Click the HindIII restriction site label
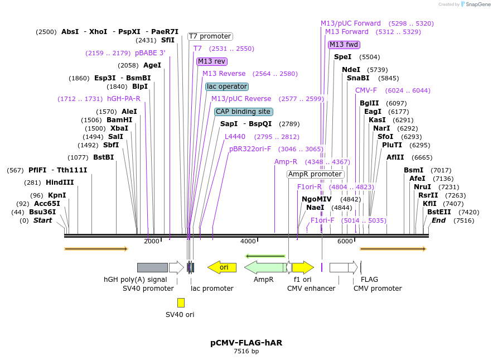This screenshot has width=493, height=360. click(x=59, y=183)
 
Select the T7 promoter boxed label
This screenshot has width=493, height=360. click(x=210, y=36)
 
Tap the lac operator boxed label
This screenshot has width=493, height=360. click(x=226, y=87)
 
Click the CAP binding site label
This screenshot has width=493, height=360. click(x=243, y=112)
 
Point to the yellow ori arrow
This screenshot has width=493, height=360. click(x=222, y=267)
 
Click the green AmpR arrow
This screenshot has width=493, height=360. click(x=264, y=267)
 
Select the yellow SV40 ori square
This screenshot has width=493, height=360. click(x=181, y=303)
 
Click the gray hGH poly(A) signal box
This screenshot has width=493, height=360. click(x=152, y=267)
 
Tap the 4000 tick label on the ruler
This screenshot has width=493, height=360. click(x=248, y=241)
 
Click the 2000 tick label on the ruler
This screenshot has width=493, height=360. click(x=152, y=241)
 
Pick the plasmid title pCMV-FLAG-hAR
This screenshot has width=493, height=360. click(x=246, y=343)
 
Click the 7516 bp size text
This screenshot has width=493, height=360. click(x=246, y=352)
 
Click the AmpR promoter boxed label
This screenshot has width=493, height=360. click(x=315, y=174)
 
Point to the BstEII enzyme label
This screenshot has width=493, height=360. click(x=438, y=212)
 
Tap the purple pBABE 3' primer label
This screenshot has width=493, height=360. click(x=150, y=53)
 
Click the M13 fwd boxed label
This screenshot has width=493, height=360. click(x=344, y=45)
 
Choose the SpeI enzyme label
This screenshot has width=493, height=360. click(x=342, y=57)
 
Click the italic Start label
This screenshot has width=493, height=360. click(x=42, y=220)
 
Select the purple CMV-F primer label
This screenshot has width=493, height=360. click(x=366, y=90)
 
